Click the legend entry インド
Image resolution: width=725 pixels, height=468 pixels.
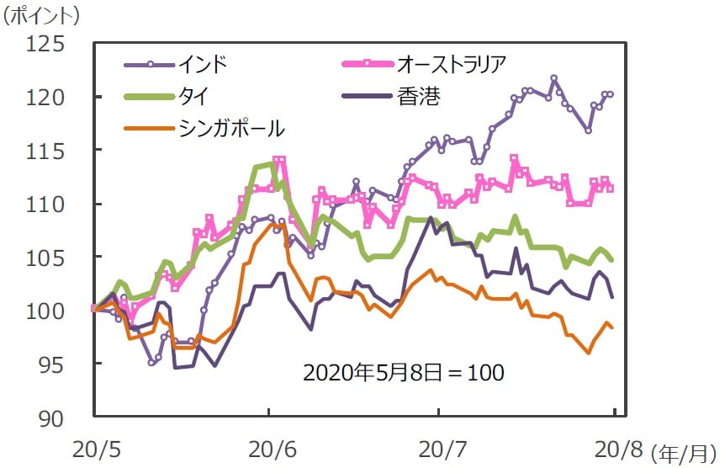click(x=202, y=63)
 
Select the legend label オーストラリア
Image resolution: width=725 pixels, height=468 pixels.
click(x=451, y=63)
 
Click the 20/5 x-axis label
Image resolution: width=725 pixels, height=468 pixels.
click(x=94, y=446)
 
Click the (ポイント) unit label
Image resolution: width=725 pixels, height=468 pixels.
click(x=42, y=14)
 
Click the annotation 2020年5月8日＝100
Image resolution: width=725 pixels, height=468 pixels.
click(x=404, y=372)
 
